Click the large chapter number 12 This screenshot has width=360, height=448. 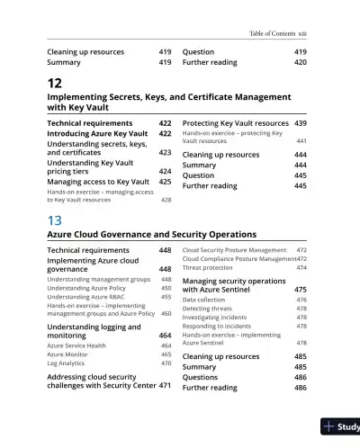54,83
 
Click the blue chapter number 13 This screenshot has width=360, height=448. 54,220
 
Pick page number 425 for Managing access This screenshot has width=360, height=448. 165,182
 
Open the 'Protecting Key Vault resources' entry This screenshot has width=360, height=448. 235,122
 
